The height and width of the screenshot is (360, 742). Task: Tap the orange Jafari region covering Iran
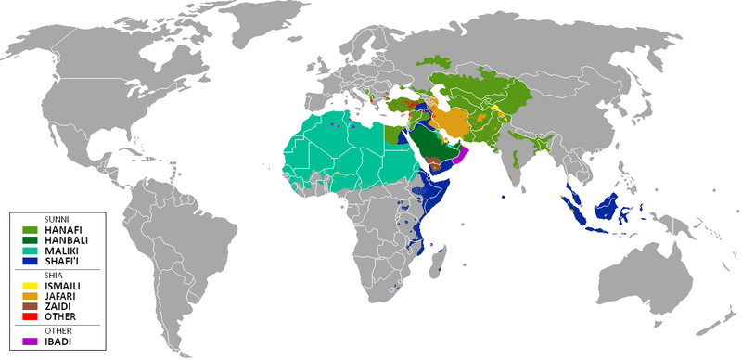click(x=454, y=122)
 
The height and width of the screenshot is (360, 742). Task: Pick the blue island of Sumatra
click(x=574, y=206)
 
